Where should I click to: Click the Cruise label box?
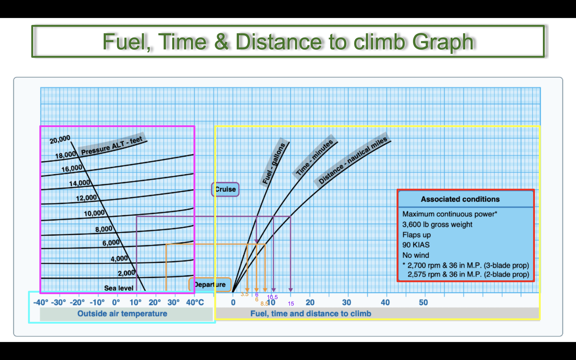coord(225,189)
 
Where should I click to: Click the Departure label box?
coord(210,284)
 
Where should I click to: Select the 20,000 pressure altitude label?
coord(60,139)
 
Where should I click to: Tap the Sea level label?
coord(119,288)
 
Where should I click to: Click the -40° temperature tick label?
coord(41,302)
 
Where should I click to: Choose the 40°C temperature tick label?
coord(195,302)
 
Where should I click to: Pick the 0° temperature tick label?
coord(116,302)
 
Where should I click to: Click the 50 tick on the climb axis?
coord(423,302)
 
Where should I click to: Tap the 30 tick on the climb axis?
coord(346,302)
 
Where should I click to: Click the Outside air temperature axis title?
coord(122,314)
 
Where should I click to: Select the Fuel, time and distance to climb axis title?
coord(311,314)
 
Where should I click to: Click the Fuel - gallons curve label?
coord(274,163)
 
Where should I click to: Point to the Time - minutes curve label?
coord(314,157)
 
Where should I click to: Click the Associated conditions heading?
coord(460,199)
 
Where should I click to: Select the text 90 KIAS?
coord(416,245)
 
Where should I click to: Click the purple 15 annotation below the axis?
coord(291,304)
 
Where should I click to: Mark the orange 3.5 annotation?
coord(244,294)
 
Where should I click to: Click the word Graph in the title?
coord(443,42)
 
